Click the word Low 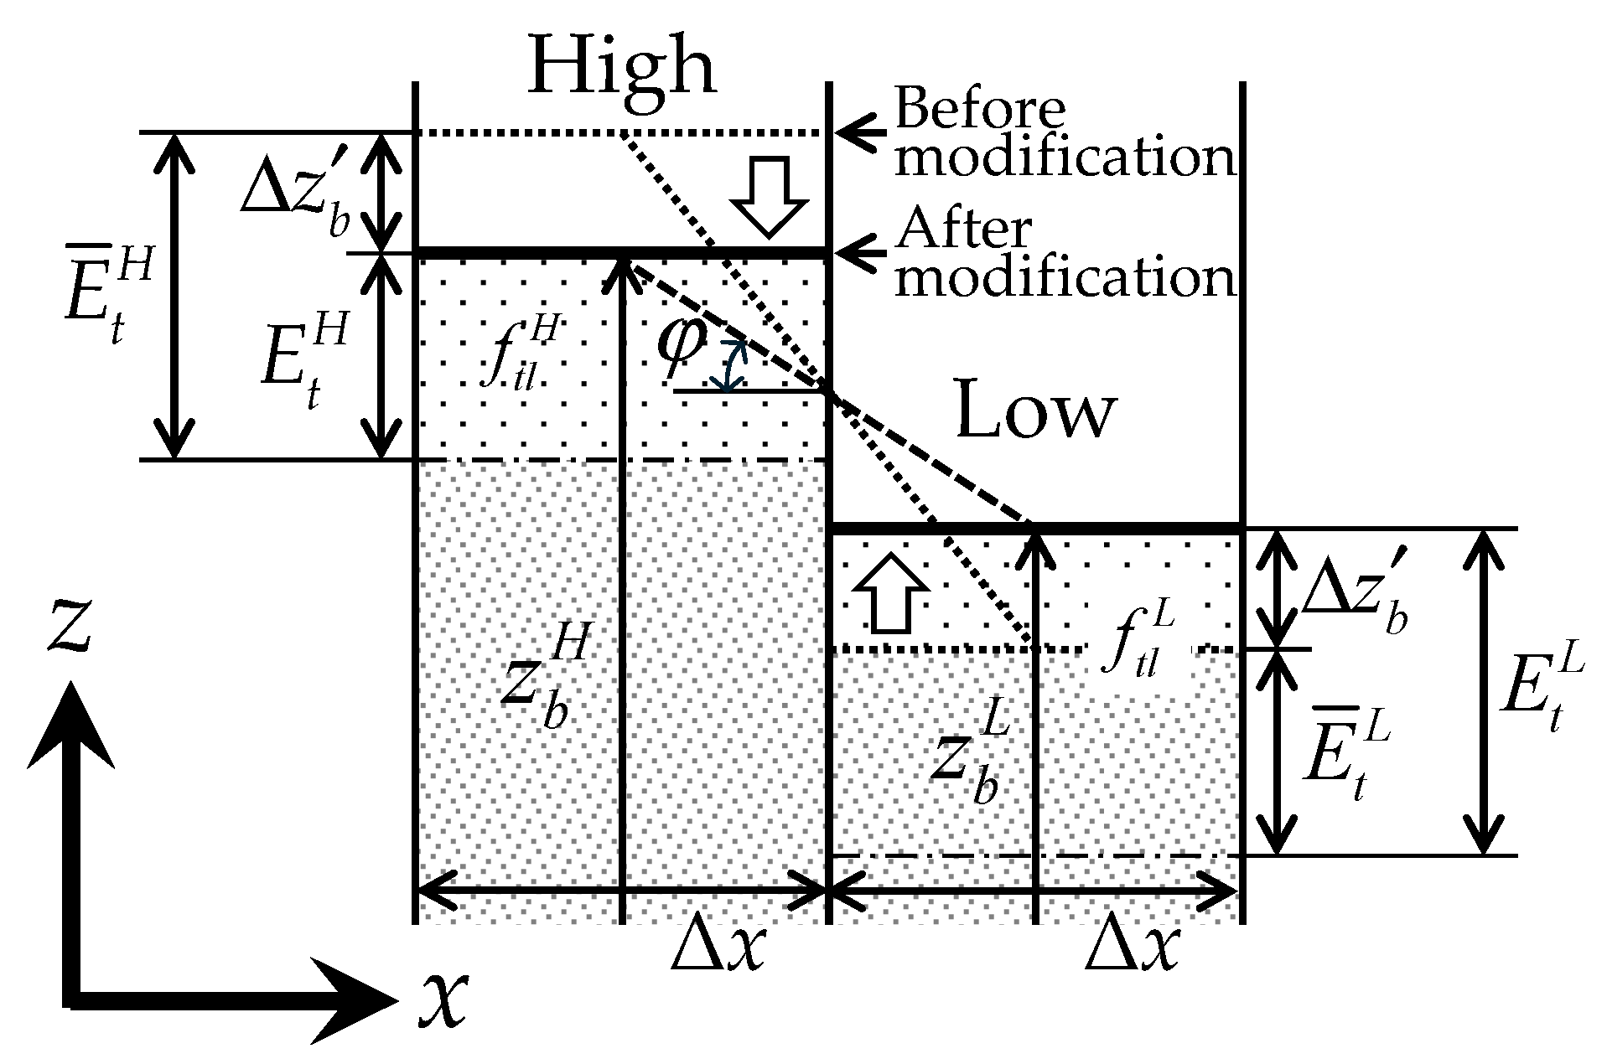1036,411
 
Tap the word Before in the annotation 980,109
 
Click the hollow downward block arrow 768,195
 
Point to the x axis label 442,999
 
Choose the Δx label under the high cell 718,948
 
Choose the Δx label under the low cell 1132,948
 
